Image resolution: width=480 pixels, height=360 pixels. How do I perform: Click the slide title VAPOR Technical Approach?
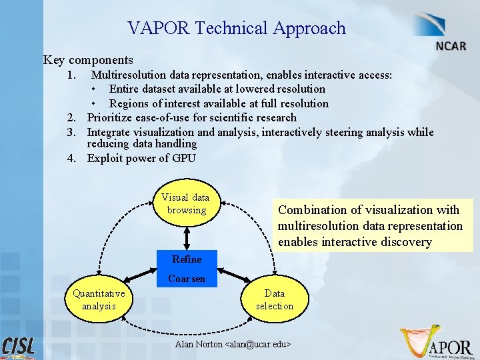(x=237, y=28)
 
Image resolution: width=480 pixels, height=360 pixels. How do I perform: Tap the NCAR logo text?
(x=451, y=47)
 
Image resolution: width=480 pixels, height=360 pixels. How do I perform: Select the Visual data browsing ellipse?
(x=187, y=204)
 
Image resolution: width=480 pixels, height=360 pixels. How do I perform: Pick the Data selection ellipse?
(x=274, y=299)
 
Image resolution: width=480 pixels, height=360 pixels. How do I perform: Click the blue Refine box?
(x=187, y=259)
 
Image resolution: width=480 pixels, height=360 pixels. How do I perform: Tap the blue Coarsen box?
(x=187, y=279)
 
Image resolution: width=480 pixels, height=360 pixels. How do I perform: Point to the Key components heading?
(x=88, y=60)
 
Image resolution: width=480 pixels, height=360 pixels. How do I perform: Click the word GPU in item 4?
(x=183, y=158)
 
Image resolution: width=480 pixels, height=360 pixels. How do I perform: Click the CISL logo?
(x=19, y=346)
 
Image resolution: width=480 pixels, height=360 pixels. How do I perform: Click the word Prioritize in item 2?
(x=110, y=118)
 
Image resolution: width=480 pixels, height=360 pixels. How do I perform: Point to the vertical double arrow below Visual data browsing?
(x=187, y=235)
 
